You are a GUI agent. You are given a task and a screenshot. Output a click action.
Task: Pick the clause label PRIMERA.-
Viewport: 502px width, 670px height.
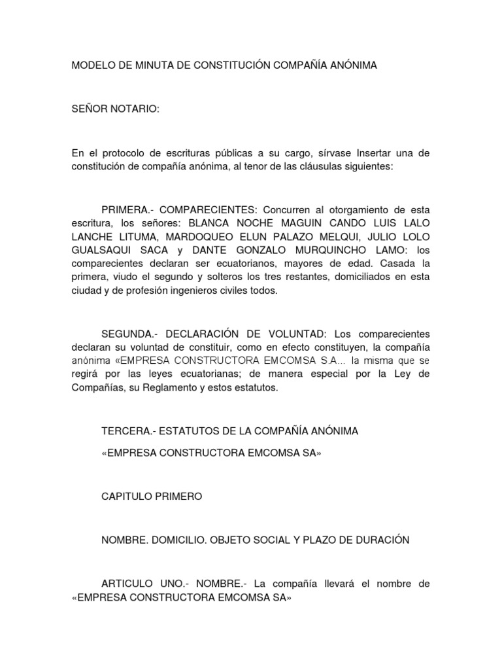(127, 209)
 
